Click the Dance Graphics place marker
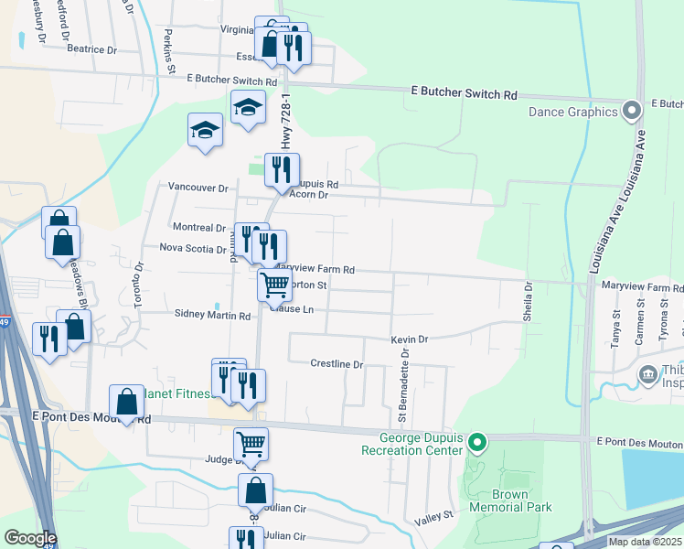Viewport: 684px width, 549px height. [x=631, y=113]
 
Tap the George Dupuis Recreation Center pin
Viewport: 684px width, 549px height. [x=476, y=444]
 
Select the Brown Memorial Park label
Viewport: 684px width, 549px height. [x=498, y=501]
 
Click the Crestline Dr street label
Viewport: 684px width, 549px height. [x=337, y=364]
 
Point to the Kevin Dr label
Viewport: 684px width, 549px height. [x=410, y=339]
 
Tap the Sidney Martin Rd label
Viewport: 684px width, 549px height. [x=212, y=315]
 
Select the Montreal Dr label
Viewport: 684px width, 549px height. [x=198, y=227]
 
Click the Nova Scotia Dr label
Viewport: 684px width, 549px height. [x=192, y=248]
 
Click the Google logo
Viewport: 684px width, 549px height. [x=29, y=538]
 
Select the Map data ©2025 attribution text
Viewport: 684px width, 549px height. [x=644, y=542]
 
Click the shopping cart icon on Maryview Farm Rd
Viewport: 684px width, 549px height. [x=274, y=285]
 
